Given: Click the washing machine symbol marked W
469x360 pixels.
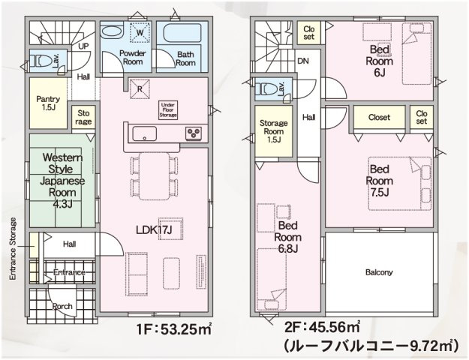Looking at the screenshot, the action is point(140,31).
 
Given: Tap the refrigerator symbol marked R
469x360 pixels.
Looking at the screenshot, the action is point(140,88).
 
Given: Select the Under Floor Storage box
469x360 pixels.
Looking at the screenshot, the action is point(168,110).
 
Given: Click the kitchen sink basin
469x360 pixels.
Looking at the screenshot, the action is point(145,133).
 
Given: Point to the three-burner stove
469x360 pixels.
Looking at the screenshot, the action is point(194,133).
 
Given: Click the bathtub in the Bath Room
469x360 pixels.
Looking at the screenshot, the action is point(182,32).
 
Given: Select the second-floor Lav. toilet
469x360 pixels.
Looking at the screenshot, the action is point(269,88).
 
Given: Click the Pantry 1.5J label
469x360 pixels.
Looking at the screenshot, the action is point(48,103).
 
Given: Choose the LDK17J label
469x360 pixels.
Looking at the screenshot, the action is point(154,229).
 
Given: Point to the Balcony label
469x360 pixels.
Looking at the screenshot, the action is point(379,272).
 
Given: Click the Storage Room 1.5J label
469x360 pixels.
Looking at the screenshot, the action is point(274,131).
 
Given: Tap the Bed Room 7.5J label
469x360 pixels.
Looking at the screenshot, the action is point(379,181).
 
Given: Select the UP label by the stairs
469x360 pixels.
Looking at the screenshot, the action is point(83,46).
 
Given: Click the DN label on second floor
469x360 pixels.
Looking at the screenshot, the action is point(303,61).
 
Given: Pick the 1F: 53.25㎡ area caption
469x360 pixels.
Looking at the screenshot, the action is point(174,329).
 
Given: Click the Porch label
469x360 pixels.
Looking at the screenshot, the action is point(62,306).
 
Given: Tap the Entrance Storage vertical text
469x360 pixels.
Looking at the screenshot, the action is point(13,249).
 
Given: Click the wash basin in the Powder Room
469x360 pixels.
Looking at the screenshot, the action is point(111,31).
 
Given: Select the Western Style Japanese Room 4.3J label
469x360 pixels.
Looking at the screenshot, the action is point(62,181).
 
